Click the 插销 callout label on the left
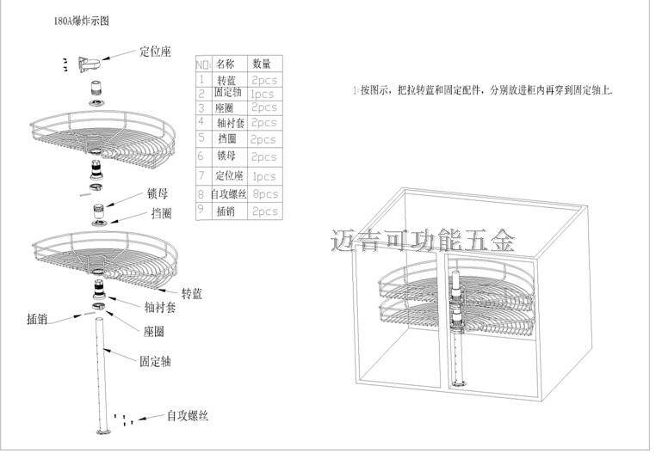(37, 318)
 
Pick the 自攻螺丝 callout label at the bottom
(188, 416)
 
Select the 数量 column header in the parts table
(262, 64)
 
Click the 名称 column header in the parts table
(225, 64)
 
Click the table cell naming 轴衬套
(228, 123)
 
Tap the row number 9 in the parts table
(201, 209)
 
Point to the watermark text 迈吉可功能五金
(423, 240)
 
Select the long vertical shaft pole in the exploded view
(103, 370)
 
